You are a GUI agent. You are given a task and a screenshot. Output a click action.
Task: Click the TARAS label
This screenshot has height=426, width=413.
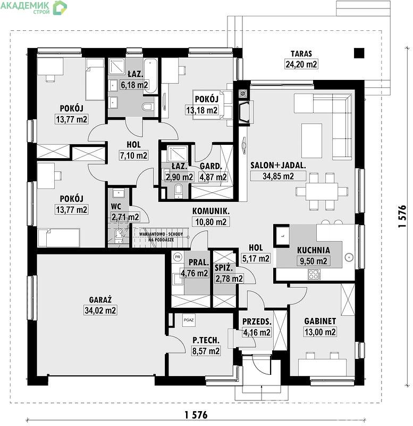click(x=301, y=54)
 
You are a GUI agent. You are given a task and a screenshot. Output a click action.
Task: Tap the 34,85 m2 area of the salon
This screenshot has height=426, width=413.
click(x=278, y=176)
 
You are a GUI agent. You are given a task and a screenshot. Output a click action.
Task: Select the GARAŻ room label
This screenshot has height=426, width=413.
click(x=100, y=300)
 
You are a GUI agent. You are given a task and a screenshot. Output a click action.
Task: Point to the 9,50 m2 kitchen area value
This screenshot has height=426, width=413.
click(x=313, y=261)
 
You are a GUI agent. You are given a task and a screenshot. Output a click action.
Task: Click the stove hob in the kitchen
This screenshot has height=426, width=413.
click(x=314, y=274)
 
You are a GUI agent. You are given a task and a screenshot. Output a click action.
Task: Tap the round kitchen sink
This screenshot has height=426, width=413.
click(x=349, y=257)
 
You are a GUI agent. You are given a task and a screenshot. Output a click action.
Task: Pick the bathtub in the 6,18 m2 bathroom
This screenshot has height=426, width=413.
click(x=150, y=76)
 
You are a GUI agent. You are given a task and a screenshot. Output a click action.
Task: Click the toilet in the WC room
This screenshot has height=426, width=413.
click(x=119, y=235)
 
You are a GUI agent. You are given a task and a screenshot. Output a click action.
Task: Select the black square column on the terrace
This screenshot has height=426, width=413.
click(x=359, y=53)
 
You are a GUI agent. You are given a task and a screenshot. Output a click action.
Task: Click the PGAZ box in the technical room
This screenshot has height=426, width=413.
click(x=189, y=320)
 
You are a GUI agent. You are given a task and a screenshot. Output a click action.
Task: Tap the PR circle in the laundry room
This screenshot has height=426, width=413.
click(x=178, y=257)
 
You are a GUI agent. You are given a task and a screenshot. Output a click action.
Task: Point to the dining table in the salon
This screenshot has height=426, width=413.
click(x=322, y=192)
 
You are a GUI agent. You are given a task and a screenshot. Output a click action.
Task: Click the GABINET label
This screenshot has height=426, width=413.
click(x=320, y=321)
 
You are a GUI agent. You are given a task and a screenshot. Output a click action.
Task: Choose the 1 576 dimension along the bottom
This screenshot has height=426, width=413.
click(x=196, y=415)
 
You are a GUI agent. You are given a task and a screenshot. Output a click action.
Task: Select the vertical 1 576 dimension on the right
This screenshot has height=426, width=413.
click(x=402, y=216)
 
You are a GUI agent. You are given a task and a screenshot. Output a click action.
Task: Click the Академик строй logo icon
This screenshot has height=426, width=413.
click(x=60, y=7)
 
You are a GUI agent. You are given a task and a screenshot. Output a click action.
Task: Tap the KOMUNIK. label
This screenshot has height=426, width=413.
click(x=210, y=211)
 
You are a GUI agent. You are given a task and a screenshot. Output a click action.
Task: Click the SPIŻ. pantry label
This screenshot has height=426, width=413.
click(x=224, y=268)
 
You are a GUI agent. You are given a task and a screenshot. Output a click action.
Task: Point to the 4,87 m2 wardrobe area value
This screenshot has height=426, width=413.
click(x=213, y=177)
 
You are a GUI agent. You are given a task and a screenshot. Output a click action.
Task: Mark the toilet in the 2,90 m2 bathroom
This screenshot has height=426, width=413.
click(x=179, y=190)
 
